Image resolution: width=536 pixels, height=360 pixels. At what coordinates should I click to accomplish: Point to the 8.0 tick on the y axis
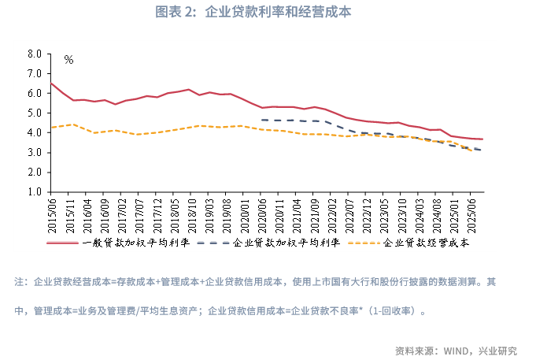pos(34,54)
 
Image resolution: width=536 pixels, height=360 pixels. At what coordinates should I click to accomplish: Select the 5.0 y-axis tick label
pos(34,113)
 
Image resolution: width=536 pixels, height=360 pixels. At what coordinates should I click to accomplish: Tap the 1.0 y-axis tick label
pos(34,191)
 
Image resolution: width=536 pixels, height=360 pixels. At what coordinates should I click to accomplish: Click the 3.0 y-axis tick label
pos(34,152)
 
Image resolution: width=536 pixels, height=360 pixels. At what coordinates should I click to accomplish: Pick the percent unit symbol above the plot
pos(68,60)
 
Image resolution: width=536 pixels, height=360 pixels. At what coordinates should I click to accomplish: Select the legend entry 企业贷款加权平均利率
pos(286,243)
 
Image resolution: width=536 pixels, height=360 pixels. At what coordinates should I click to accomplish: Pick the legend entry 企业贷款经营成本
pos(426,243)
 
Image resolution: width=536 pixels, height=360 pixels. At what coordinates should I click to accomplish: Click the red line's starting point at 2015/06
pos(51,83)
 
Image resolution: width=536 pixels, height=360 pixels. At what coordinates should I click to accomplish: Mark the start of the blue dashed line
pos(261,120)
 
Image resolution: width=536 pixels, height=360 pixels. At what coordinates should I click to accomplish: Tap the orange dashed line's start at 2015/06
pos(51,128)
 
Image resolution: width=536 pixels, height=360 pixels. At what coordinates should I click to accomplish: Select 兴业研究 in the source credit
pos(501,351)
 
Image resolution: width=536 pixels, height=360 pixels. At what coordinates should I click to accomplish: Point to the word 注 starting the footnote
pos(20,281)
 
